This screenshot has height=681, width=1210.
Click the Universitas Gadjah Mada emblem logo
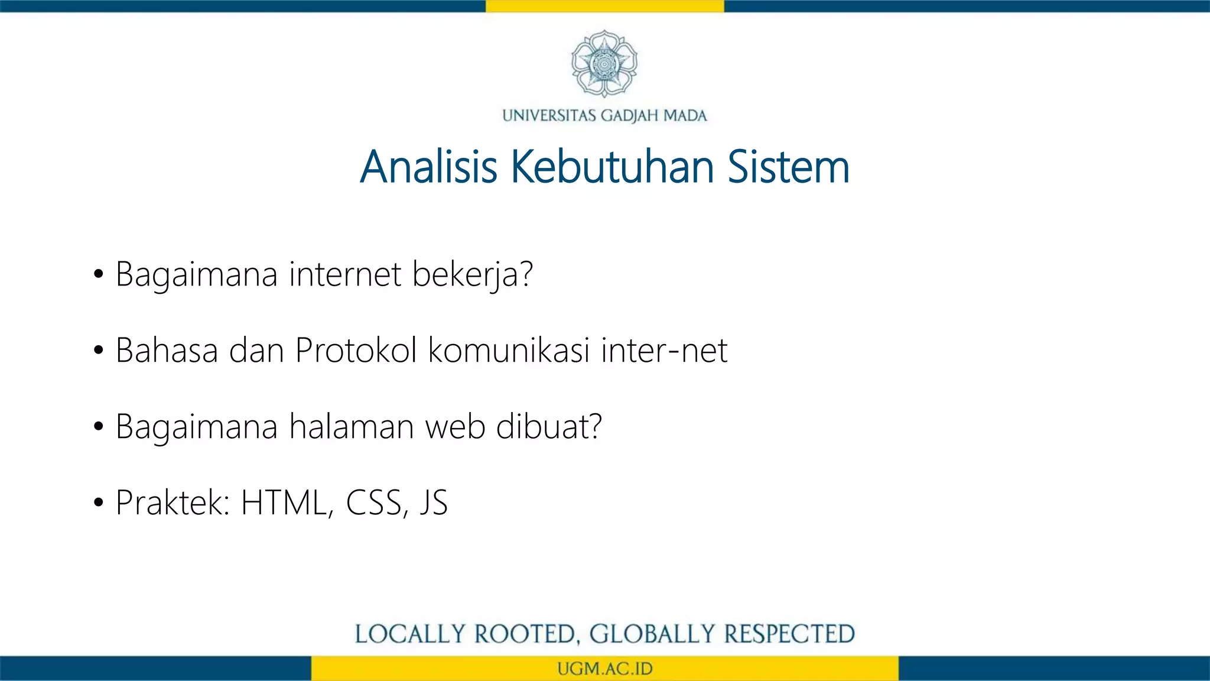coord(604,64)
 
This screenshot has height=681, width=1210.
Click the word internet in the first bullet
coord(345,274)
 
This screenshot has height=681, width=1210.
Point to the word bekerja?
coord(472,275)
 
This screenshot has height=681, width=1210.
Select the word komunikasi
coord(509,350)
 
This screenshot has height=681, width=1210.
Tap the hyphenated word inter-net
coord(664,351)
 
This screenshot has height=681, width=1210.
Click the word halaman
coord(352,427)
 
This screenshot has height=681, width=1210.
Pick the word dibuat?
coord(549,427)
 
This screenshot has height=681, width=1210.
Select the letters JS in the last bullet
coord(434,503)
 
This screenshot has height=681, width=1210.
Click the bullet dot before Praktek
coord(99,503)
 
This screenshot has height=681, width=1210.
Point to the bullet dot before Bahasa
coord(99,351)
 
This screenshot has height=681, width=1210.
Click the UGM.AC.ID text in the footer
coord(604,669)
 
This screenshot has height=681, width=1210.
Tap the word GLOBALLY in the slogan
coord(652,634)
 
